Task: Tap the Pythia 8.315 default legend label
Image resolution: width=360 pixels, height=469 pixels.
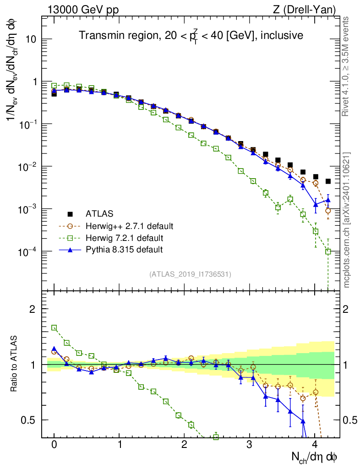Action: (x=124, y=250)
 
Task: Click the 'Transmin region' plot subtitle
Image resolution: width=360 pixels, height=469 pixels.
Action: (x=191, y=35)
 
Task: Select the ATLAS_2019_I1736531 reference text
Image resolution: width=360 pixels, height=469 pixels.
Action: (x=190, y=274)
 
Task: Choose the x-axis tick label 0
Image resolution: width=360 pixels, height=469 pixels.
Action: (x=54, y=444)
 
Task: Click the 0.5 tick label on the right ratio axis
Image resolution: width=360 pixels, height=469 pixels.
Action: (x=350, y=420)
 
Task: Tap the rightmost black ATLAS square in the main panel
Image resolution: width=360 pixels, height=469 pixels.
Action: (x=328, y=181)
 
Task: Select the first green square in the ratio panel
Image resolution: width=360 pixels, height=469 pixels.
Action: (x=54, y=327)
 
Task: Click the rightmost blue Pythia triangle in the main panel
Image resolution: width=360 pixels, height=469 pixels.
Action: (x=328, y=200)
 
